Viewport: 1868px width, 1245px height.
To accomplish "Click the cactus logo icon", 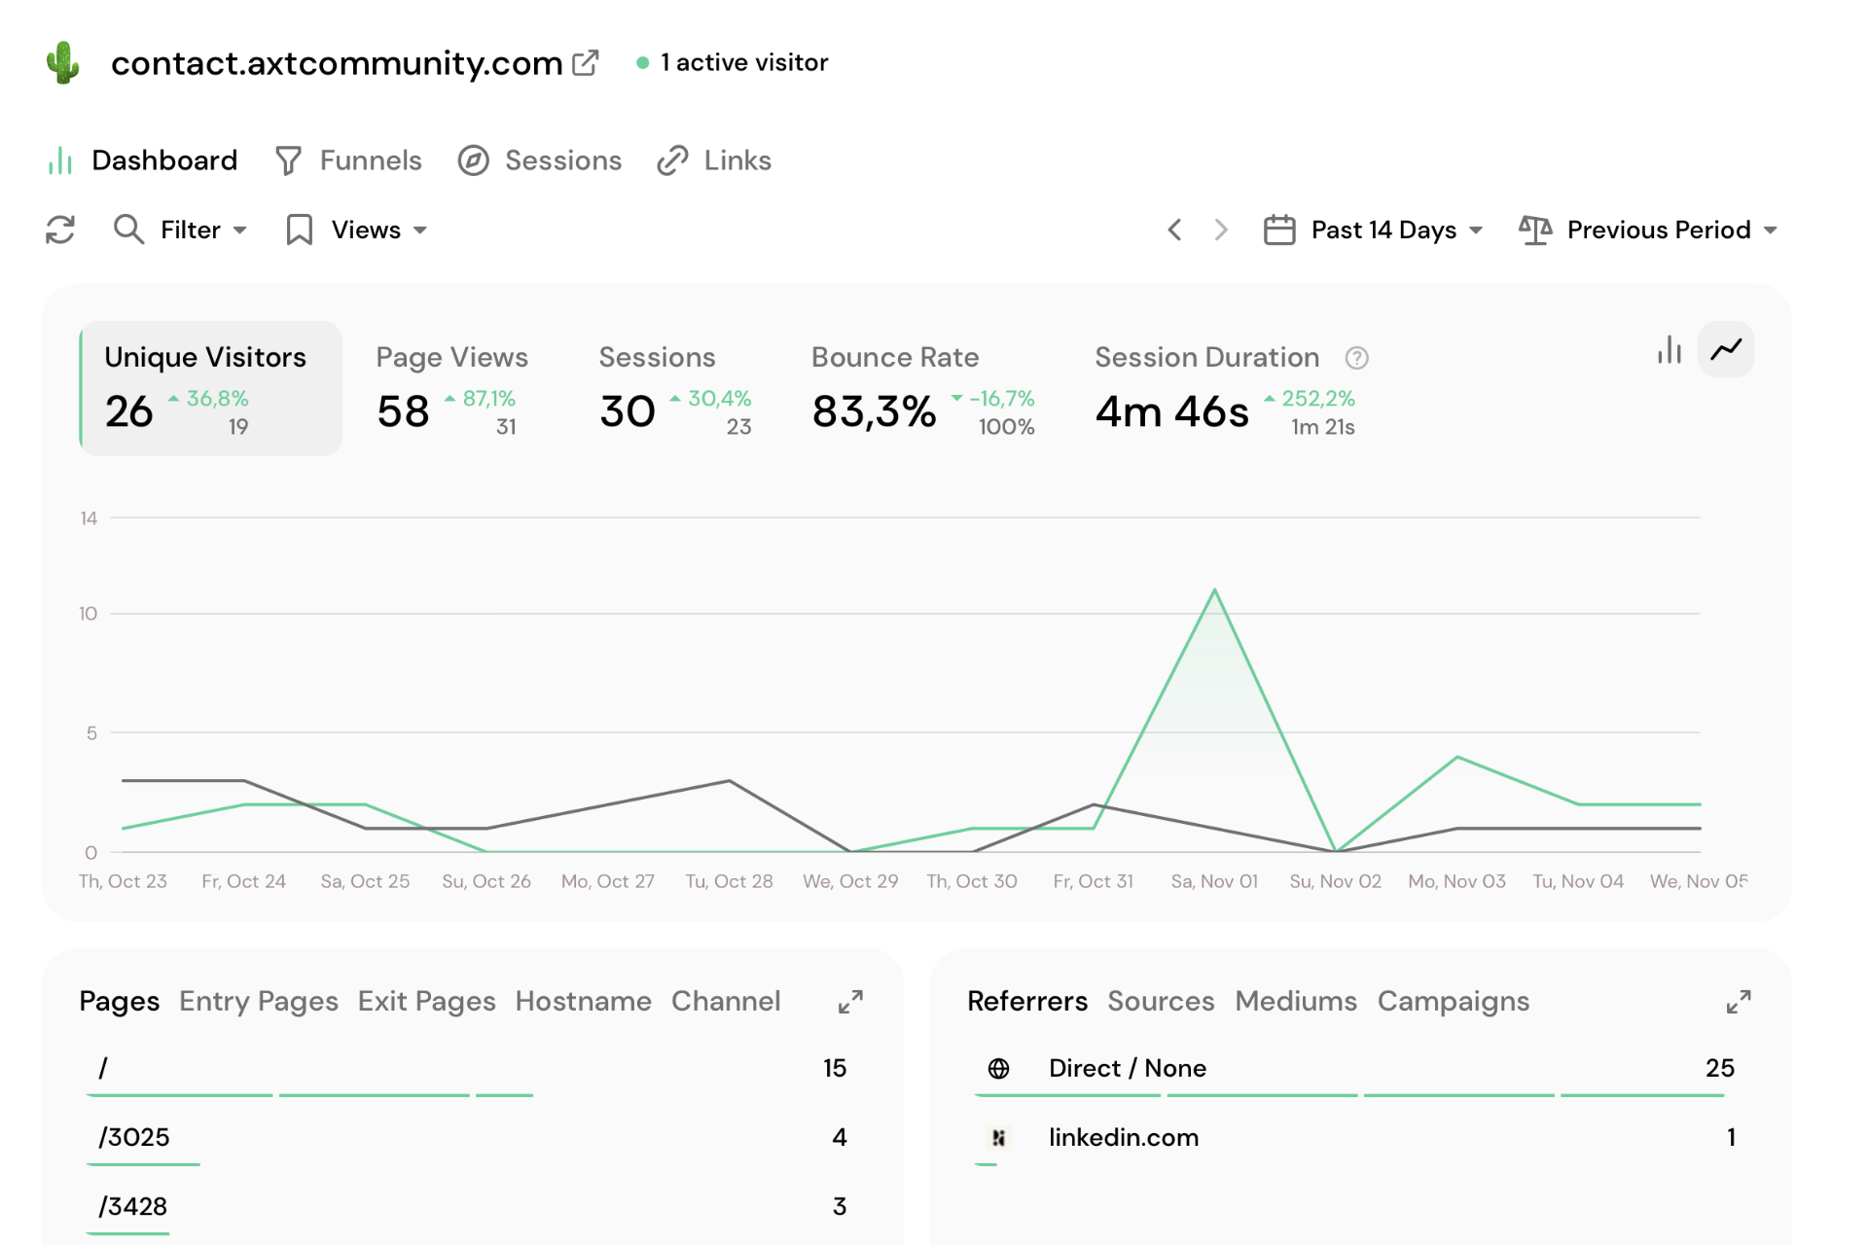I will point(63,62).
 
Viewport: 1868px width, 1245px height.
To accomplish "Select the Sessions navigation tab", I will point(540,160).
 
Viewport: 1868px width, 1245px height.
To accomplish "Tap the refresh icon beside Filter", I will point(60,230).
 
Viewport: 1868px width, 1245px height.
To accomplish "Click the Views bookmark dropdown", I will point(357,230).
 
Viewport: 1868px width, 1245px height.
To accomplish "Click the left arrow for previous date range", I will point(1174,230).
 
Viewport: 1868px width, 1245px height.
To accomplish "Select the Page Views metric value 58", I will point(403,411).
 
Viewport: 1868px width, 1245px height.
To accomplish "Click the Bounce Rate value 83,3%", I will point(874,411).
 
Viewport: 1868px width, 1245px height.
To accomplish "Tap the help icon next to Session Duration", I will point(1356,358).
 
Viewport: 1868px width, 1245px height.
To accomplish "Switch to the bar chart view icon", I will point(1670,349).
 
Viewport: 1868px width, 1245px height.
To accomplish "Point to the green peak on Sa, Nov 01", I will point(1214,590).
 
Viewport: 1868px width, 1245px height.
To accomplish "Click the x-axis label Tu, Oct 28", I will point(729,881).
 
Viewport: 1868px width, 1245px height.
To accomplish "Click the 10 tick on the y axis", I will point(89,614).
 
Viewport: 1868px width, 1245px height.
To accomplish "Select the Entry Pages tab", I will point(259,1001).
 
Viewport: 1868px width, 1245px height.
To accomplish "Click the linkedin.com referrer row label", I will point(1123,1137).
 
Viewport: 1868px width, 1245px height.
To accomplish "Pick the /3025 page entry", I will point(134,1137).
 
